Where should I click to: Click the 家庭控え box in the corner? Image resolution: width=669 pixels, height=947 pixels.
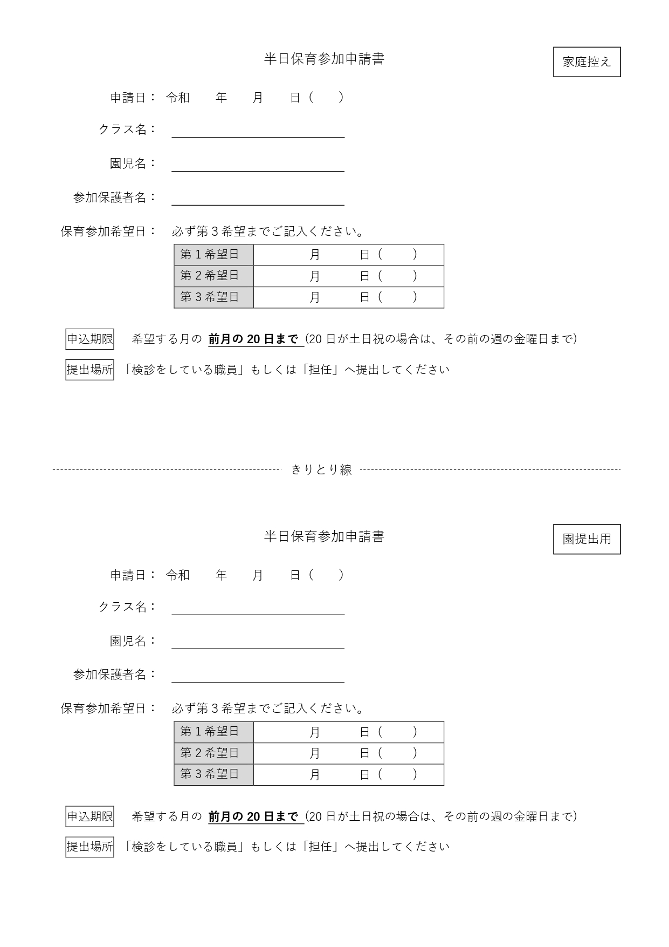[587, 62]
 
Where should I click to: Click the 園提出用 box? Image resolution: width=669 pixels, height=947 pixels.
[587, 539]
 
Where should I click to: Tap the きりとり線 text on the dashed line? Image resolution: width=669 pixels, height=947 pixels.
[321, 469]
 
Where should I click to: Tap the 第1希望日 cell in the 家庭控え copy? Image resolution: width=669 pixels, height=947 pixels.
[213, 254]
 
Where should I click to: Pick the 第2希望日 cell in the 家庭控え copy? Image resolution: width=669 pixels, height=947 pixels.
[213, 276]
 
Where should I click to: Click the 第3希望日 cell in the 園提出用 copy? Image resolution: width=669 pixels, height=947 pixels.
[213, 774]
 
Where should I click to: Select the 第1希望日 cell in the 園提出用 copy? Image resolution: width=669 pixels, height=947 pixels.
[213, 732]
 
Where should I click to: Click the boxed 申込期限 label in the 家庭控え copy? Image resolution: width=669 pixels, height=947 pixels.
[90, 339]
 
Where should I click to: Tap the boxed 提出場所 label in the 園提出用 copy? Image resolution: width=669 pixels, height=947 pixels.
[90, 847]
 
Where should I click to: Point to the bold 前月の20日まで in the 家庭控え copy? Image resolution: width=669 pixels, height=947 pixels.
[253, 339]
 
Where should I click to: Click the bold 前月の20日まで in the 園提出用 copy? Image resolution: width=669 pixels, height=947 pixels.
[253, 816]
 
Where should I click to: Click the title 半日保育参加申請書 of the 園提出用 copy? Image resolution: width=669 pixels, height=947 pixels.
[324, 536]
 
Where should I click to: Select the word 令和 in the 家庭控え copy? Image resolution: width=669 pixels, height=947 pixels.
[178, 98]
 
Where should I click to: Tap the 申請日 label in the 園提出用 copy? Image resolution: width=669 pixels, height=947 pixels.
[128, 575]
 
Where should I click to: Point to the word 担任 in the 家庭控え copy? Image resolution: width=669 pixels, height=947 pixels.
[320, 370]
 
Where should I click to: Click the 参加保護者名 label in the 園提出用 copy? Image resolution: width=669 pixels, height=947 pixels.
[110, 675]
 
